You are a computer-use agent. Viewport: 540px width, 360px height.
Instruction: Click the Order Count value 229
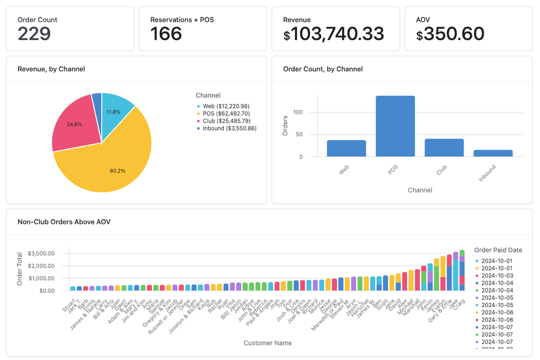pyautogui.click(x=34, y=34)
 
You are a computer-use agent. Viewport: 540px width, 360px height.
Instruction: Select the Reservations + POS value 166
pyautogui.click(x=166, y=34)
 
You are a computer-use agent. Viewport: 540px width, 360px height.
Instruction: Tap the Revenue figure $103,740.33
pyautogui.click(x=334, y=34)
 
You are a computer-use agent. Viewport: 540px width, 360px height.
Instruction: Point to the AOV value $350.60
pyautogui.click(x=450, y=34)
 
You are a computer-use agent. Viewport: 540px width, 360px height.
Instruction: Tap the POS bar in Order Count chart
pyautogui.click(x=395, y=127)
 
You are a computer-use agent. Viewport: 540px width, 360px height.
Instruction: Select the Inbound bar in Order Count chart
pyautogui.click(x=493, y=153)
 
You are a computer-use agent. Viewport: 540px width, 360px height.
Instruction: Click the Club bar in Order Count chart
pyautogui.click(x=444, y=147)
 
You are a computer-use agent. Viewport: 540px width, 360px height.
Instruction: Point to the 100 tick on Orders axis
pyautogui.click(x=298, y=112)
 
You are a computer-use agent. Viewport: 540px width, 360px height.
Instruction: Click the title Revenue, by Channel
pyautogui.click(x=51, y=69)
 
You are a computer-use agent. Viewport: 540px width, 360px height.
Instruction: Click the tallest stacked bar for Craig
pyautogui.click(x=462, y=270)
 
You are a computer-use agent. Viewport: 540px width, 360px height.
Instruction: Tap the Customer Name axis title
pyautogui.click(x=267, y=343)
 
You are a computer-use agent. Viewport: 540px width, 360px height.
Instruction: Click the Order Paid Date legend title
pyautogui.click(x=498, y=250)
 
